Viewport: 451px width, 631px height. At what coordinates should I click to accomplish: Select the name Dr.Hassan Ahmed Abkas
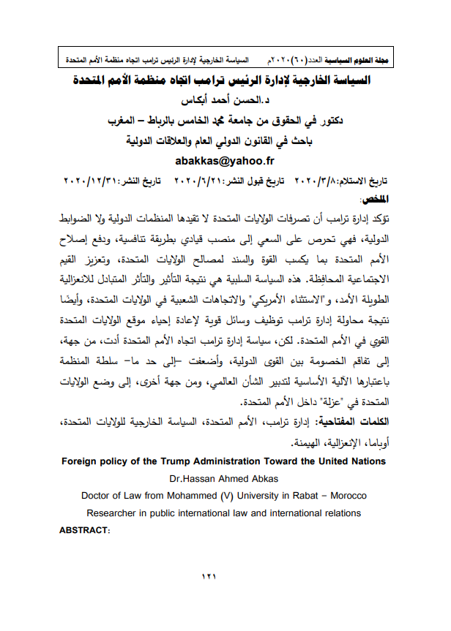[225, 478]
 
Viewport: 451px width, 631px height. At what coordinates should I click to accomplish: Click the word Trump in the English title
[184, 461]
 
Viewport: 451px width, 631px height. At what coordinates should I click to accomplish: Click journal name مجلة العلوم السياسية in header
[363, 57]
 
